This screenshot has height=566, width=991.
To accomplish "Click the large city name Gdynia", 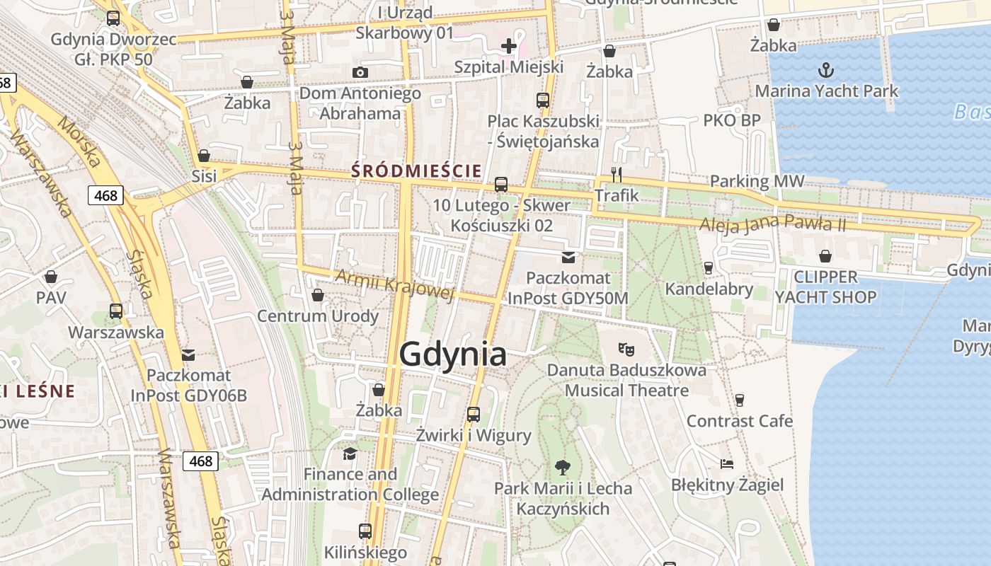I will point(453,354).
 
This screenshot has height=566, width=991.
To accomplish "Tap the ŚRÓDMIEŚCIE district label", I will point(417,171).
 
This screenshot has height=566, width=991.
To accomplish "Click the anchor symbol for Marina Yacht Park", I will point(825,70).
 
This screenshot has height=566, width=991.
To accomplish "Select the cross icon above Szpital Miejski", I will point(509,47).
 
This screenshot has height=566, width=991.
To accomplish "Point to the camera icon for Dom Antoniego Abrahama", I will point(360,72).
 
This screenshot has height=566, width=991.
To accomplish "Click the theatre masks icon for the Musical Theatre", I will point(626,349).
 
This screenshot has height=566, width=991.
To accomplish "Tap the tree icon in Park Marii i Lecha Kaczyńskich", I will point(563,467).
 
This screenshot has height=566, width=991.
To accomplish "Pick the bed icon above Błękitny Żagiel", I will point(727,464).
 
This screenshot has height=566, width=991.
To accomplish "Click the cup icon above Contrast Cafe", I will point(740,400).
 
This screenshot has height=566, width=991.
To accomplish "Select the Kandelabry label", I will point(709,289).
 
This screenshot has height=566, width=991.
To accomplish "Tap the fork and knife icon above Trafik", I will point(617,175).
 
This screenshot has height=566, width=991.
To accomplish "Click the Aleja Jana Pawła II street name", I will point(772,224).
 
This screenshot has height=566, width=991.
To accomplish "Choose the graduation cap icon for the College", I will point(350,453).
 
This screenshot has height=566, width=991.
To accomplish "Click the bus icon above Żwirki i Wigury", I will point(474,415).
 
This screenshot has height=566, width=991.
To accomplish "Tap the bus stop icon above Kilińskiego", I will point(365,531).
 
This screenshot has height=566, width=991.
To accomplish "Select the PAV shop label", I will point(51,297).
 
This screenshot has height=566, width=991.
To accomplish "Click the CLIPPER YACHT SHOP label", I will point(825,287).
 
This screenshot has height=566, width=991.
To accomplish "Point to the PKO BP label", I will point(732,120).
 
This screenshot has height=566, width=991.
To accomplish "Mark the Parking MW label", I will point(757,181).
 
